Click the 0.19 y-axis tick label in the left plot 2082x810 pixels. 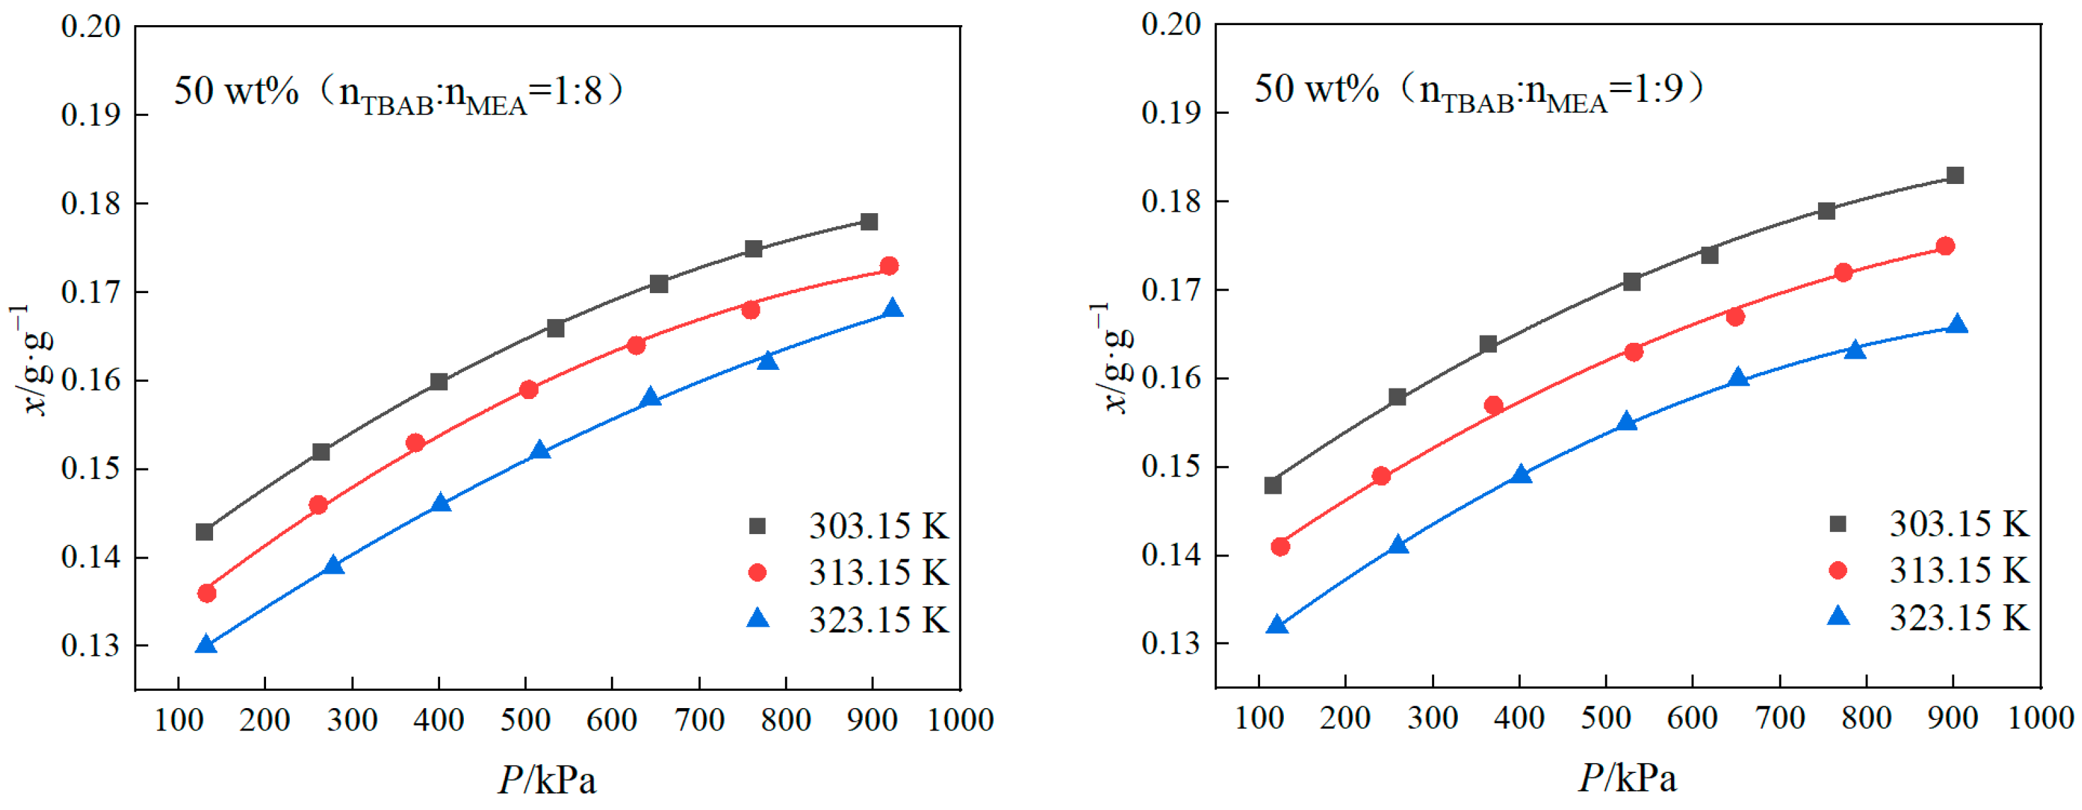(91, 114)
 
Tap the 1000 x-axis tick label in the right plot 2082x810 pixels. (2040, 718)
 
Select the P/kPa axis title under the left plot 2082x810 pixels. (547, 780)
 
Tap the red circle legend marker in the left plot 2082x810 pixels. (757, 573)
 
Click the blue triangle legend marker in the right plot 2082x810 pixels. (1838, 617)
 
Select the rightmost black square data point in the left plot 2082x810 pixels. (869, 222)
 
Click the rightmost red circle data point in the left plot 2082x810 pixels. (889, 266)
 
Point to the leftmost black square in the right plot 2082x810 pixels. (1273, 485)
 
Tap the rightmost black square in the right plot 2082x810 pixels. (1955, 175)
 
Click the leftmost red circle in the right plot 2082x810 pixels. (1280, 547)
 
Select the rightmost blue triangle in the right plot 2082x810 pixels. (1958, 325)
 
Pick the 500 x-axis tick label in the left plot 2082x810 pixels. (525, 719)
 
